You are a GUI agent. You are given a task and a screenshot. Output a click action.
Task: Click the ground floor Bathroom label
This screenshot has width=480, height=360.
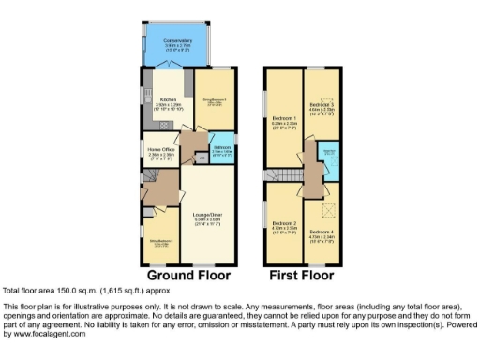point(222,147)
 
